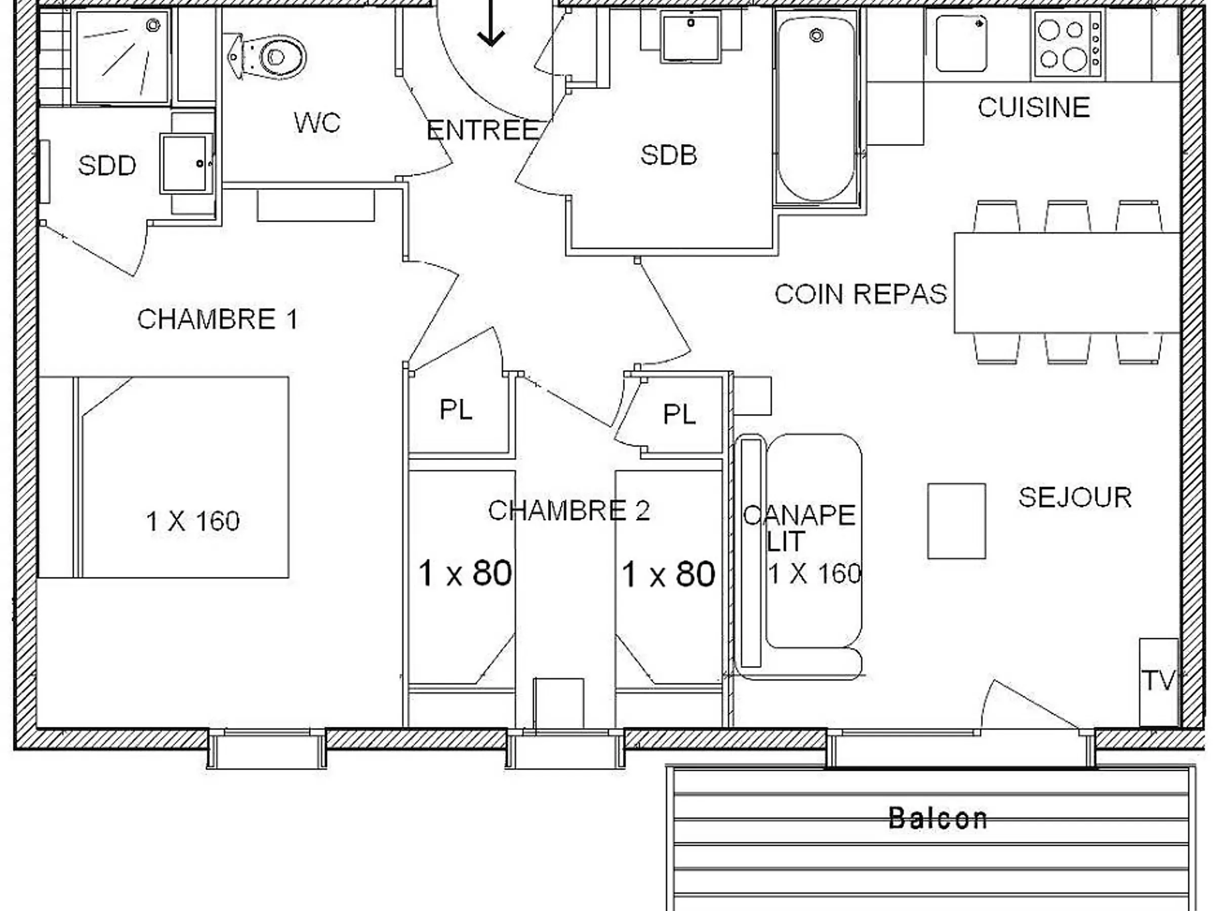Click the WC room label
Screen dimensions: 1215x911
317,122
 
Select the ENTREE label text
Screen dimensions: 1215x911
483,130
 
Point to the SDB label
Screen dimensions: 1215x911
668,155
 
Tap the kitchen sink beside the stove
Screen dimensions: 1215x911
961,44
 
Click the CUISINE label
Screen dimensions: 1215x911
1034,107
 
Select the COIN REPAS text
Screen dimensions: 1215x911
861,295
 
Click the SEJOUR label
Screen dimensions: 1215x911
1075,498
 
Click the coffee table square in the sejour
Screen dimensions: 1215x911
956,521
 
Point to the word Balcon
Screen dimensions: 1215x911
938,818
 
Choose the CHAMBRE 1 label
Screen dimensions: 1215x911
218,319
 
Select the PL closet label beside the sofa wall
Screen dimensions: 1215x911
679,414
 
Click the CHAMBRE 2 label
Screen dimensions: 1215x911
569,511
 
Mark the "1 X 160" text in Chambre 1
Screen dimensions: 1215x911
193,521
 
